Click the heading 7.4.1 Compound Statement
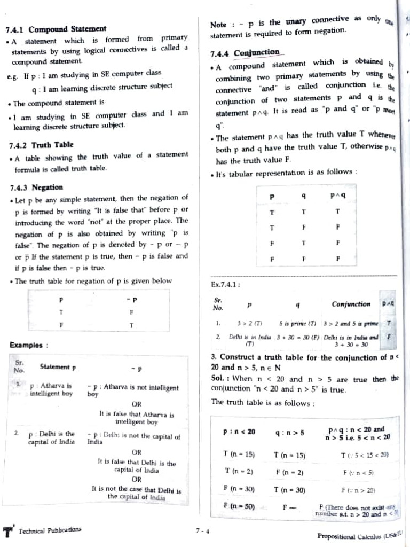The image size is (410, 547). (56, 29)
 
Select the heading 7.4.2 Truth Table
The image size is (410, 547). (42, 145)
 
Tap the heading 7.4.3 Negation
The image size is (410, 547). (36, 187)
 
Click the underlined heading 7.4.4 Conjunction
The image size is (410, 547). (245, 52)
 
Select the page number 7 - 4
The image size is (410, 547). (202, 531)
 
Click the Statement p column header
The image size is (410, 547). (58, 367)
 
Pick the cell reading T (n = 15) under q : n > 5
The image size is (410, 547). (289, 455)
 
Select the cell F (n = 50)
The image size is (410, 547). (239, 505)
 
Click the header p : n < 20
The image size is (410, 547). (239, 432)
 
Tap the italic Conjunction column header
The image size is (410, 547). (351, 304)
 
